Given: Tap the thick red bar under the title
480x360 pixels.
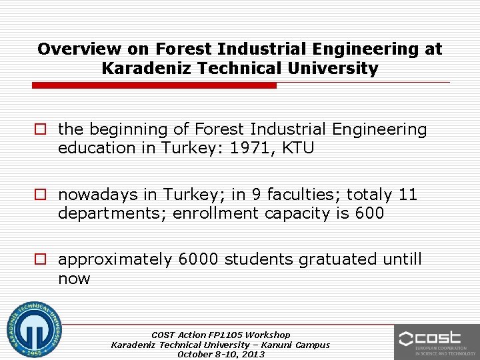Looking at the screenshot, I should (154, 85).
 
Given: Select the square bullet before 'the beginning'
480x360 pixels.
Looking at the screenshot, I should (41, 129).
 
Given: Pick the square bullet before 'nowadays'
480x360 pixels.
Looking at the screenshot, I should (41, 195).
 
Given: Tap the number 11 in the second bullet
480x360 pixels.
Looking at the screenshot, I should (407, 195).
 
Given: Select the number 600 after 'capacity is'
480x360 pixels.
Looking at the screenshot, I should (370, 213).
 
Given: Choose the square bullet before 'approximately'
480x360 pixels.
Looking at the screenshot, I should (41, 259).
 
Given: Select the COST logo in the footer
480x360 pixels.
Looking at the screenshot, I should (437, 341).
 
